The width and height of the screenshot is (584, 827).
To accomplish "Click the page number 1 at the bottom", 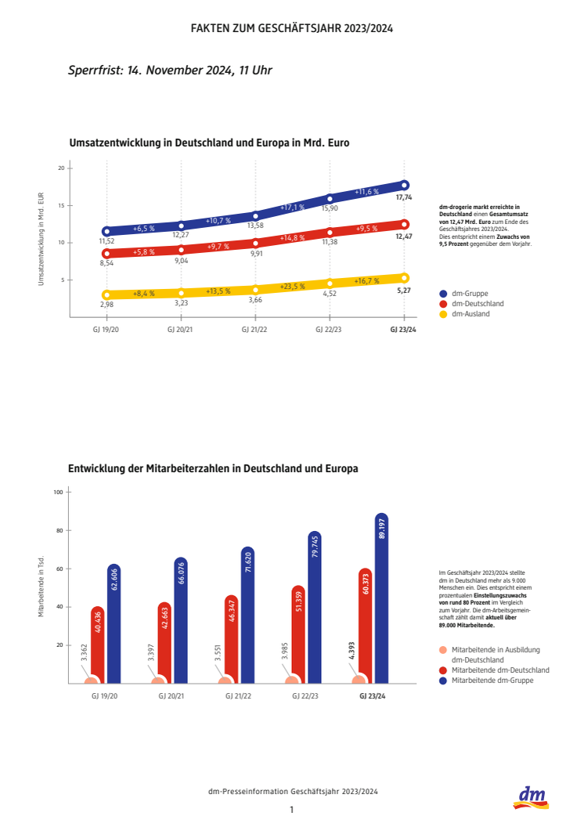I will (x=291, y=810).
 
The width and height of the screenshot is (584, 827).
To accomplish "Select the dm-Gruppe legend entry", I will (x=470, y=293).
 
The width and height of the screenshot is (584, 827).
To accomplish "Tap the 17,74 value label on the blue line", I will (x=404, y=197).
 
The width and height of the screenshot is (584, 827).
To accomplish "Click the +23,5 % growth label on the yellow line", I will (x=292, y=286).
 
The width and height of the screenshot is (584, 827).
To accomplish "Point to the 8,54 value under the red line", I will (x=106, y=265).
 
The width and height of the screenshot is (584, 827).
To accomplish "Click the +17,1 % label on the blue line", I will (x=292, y=207).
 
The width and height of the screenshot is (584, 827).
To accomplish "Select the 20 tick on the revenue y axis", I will (x=60, y=168).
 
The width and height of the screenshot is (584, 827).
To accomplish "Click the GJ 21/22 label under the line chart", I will (x=255, y=330).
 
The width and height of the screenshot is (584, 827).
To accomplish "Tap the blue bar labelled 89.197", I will (x=381, y=599).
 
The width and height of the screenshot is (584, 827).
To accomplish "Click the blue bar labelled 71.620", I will (x=247, y=616).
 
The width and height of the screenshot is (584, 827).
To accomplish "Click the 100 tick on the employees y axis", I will (x=57, y=492).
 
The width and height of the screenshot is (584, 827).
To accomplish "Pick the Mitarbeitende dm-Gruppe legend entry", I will (x=489, y=681).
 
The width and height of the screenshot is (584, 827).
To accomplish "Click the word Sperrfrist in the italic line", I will (x=94, y=70).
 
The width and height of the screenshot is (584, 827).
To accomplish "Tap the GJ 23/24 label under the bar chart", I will (x=372, y=695).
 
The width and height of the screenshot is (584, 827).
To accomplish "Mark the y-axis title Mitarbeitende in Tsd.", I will (x=41, y=587).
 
